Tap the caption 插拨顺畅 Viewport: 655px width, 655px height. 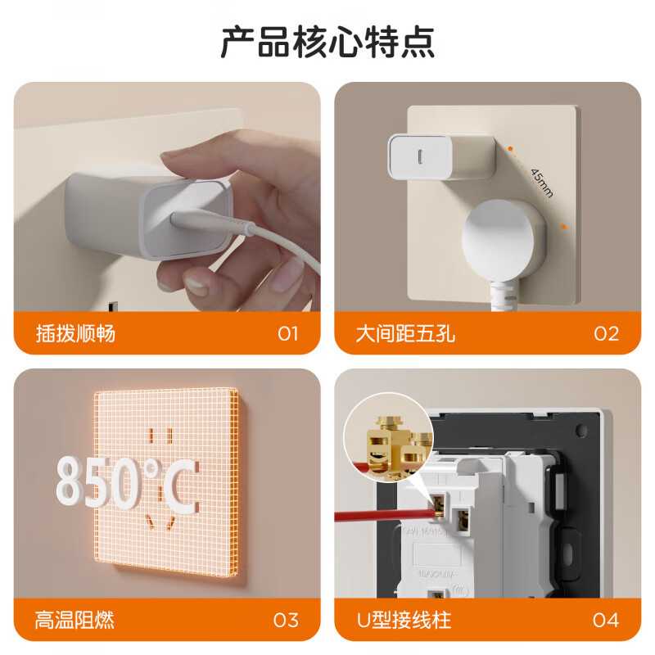point(76,333)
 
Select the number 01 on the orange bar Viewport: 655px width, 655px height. point(288,333)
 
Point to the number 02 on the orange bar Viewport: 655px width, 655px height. point(607,333)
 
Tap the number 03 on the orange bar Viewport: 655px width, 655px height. point(286,620)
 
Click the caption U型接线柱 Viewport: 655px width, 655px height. point(404,620)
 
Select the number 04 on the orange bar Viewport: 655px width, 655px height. point(606,620)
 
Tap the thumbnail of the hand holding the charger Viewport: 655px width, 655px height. point(167,196)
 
